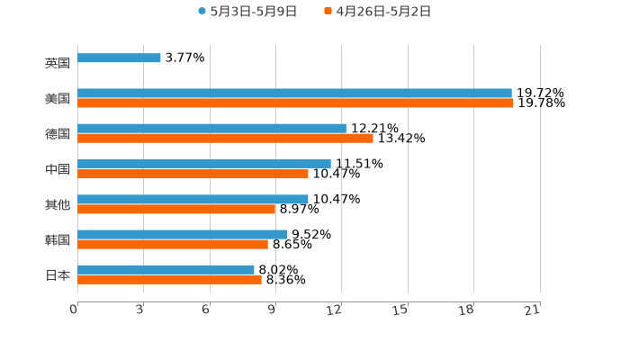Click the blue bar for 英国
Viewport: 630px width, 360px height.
tap(119, 58)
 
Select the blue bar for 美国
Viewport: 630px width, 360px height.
tap(294, 93)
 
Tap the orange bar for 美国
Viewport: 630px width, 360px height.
tap(295, 103)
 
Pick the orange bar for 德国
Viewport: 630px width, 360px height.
tap(225, 138)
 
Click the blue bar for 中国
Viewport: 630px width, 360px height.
tap(204, 164)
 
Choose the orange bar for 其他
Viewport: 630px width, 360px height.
tap(176, 209)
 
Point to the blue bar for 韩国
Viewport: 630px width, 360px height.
tap(183, 234)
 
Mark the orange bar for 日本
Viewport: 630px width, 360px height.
tap(169, 279)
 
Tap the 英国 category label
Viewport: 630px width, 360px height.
tap(57, 64)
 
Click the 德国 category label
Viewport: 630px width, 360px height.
tap(57, 133)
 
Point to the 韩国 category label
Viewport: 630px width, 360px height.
tap(57, 239)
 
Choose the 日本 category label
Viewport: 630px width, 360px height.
tap(57, 274)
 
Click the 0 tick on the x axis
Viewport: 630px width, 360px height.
tap(75, 310)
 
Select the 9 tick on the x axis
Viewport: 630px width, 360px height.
tap(272, 310)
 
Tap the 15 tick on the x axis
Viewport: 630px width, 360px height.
tap(403, 310)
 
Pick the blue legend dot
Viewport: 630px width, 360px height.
tap(202, 12)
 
